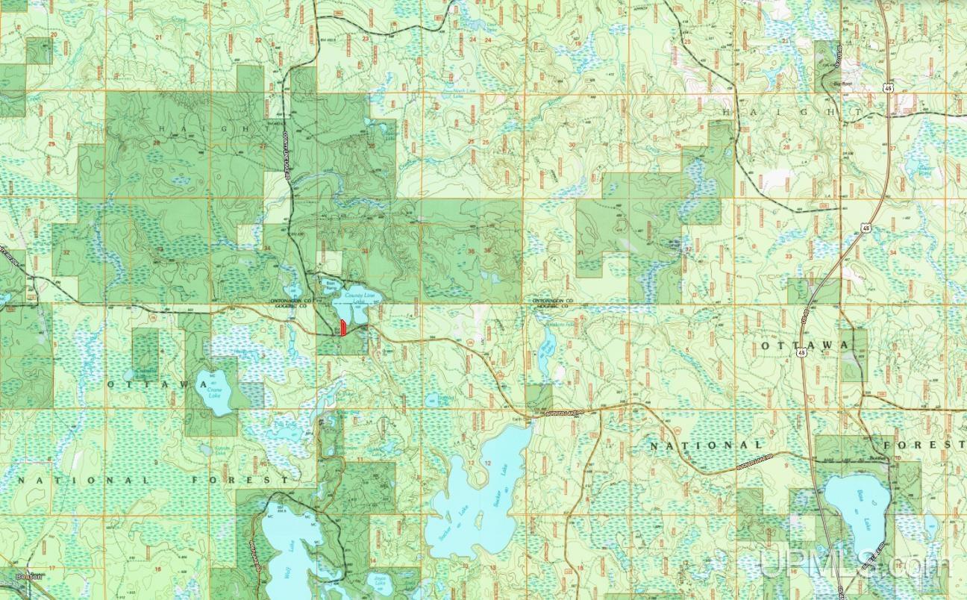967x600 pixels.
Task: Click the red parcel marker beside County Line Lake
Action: pyautogui.click(x=342, y=328)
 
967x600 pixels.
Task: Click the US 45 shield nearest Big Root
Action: pyautogui.click(x=866, y=88)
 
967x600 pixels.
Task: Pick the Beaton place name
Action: pyautogui.click(x=30, y=577)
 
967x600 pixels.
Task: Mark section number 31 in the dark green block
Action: pyautogui.click(x=580, y=252)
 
